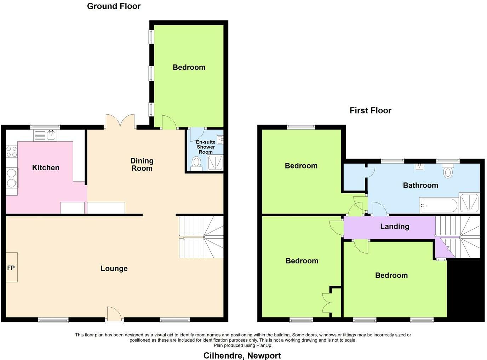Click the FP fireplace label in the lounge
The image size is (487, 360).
coord(11,268)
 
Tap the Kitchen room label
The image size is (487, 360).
coord(46,168)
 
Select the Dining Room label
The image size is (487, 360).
coord(142,165)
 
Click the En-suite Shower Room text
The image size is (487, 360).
coord(206,147)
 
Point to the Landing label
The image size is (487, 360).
coord(395,227)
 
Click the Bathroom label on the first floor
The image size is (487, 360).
coord(420,185)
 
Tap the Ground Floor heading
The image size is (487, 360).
coord(114,6)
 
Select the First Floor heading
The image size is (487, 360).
coord(370,110)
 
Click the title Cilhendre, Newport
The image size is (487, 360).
coord(242,355)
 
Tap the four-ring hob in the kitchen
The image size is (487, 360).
coord(11,152)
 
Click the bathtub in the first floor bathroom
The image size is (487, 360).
coord(438,205)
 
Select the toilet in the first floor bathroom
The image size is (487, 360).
coord(448,171)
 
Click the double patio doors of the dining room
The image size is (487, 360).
coord(120,122)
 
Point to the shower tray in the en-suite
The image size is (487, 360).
coord(215,162)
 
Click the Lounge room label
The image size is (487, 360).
coord(114,269)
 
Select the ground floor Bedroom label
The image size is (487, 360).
coord(189,67)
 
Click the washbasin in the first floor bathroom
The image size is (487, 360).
coord(420,167)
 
